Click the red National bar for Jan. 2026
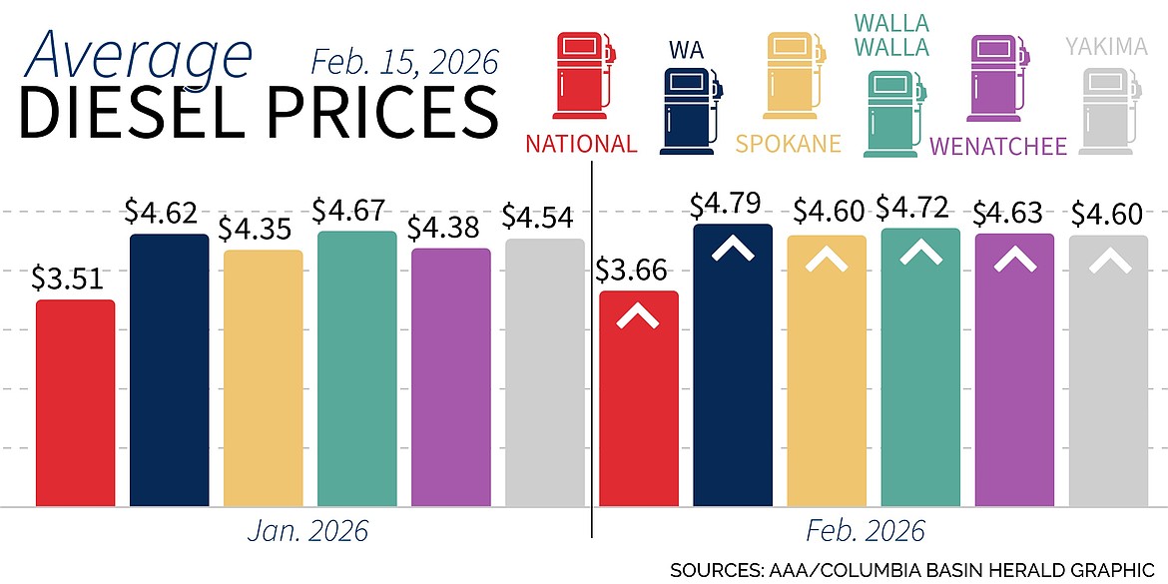75,403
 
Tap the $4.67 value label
355,211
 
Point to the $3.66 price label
638,271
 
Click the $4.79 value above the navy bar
732,205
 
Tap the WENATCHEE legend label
998,147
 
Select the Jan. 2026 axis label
307,531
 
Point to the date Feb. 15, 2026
403,62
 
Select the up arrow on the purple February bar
1013,260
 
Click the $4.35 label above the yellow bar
263,229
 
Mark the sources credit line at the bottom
916,570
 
